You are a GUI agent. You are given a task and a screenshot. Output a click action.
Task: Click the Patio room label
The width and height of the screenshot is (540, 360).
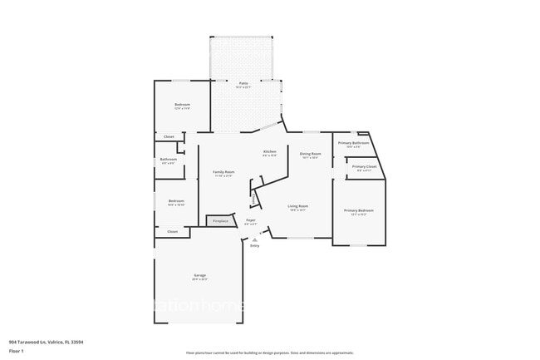pos(243,83)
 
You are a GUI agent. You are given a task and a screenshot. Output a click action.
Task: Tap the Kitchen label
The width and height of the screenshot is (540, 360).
pos(270,151)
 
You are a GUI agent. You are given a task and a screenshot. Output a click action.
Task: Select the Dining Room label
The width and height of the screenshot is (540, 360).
pos(311,154)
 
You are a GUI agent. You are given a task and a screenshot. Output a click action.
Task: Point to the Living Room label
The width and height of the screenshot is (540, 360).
pos(298,206)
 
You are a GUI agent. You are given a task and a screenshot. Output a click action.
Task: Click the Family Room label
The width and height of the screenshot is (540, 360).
pos(223,171)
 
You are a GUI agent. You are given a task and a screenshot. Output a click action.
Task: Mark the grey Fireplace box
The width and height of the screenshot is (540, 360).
pos(220,221)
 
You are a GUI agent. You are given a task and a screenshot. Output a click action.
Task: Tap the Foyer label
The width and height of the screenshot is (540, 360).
pos(250,220)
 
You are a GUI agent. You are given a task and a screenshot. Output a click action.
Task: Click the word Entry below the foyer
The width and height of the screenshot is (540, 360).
pos(255,246)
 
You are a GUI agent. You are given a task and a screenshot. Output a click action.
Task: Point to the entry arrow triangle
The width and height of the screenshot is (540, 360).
pos(255,239)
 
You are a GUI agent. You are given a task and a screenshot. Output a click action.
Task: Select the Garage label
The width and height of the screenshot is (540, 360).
pos(200,275)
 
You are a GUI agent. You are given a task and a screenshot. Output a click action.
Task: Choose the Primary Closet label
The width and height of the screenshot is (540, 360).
pos(364,167)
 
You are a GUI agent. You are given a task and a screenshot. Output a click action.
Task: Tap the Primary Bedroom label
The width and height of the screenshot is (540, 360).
pos(359,210)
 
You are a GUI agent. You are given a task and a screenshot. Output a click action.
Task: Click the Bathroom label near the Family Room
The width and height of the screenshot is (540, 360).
pos(169,159)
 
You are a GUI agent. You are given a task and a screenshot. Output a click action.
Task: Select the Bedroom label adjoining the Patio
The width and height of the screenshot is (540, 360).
pos(182,105)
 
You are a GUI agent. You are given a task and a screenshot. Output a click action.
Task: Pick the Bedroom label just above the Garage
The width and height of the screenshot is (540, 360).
pos(176,200)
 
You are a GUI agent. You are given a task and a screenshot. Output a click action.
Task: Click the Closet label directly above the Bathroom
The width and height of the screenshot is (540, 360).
pos(169,136)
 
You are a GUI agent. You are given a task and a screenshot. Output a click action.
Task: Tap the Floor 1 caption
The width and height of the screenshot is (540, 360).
pos(16,351)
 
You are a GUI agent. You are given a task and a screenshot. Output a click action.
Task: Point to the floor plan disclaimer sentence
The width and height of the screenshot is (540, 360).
pos(270,353)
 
